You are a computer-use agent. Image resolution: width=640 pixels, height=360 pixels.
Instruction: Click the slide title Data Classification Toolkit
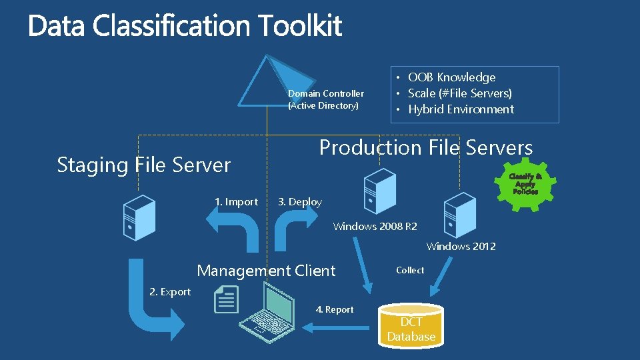(x=185, y=27)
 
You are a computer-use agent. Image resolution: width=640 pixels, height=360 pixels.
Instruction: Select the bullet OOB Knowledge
(x=451, y=77)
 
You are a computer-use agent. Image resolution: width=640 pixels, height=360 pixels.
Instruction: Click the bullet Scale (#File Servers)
(x=459, y=93)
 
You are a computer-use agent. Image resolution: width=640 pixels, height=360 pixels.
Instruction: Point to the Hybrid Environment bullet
(x=461, y=109)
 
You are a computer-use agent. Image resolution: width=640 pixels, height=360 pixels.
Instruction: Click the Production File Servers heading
(x=426, y=147)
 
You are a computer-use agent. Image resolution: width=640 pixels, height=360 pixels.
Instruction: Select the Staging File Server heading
(x=144, y=165)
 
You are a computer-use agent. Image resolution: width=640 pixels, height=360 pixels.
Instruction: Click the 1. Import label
(x=236, y=201)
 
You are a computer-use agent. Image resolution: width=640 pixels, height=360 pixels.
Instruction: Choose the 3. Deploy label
(x=299, y=202)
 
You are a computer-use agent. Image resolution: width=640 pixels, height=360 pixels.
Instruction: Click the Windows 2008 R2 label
(x=375, y=227)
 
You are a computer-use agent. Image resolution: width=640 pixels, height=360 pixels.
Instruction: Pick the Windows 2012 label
(x=461, y=247)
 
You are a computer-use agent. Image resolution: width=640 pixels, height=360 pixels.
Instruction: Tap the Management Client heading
(x=266, y=271)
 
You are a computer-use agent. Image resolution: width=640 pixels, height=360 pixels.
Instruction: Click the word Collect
(x=409, y=270)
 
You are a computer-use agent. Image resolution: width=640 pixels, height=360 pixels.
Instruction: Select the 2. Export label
(x=170, y=291)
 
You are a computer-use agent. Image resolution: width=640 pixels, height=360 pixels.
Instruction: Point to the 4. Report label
(x=335, y=309)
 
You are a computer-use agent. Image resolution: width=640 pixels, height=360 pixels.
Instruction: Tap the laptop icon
(x=267, y=313)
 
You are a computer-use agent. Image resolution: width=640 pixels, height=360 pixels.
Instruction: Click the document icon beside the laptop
(x=227, y=299)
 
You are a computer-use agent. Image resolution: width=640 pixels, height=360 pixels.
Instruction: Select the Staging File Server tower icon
(x=139, y=217)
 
